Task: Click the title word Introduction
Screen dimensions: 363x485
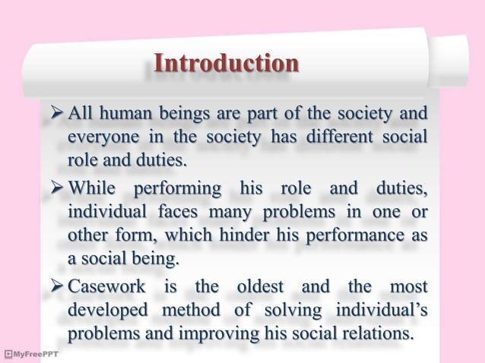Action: pyautogui.click(x=226, y=63)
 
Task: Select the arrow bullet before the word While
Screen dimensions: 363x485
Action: pyautogui.click(x=56, y=188)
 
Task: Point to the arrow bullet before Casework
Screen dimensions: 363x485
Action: pyautogui.click(x=56, y=286)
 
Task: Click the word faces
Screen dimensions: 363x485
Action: pyautogui.click(x=176, y=211)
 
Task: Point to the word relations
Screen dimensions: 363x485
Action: pyautogui.click(x=378, y=334)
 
